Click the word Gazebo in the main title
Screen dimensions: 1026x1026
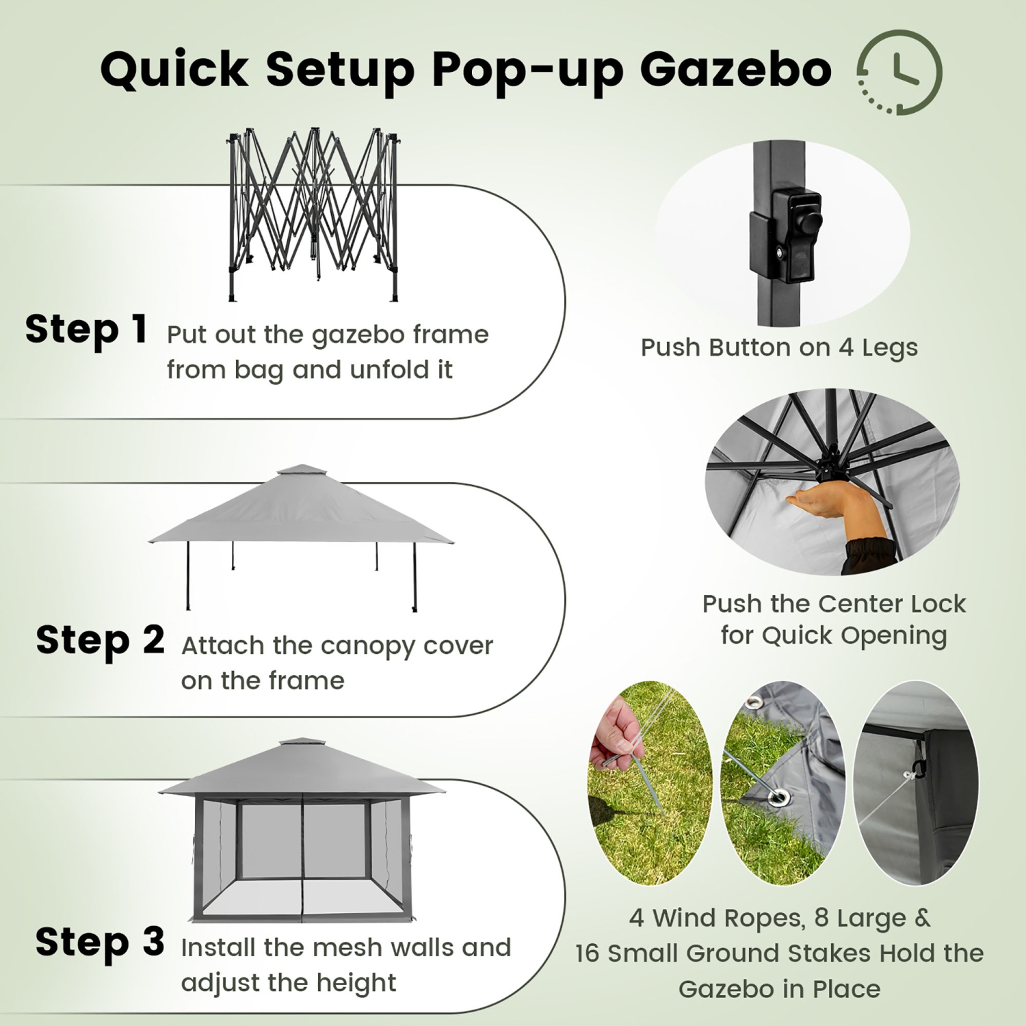click(735, 70)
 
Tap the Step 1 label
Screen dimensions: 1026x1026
click(86, 329)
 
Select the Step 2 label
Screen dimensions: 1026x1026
click(100, 640)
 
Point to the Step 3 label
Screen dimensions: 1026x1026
click(100, 942)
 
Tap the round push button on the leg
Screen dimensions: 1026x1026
click(811, 223)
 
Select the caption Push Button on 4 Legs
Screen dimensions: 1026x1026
click(779, 347)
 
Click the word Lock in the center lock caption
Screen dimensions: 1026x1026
click(935, 604)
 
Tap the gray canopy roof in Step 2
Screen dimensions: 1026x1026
click(301, 513)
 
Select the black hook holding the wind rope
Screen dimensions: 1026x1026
click(919, 768)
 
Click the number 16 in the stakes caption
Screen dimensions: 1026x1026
click(587, 953)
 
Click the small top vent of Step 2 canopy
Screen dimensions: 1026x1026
click(302, 471)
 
